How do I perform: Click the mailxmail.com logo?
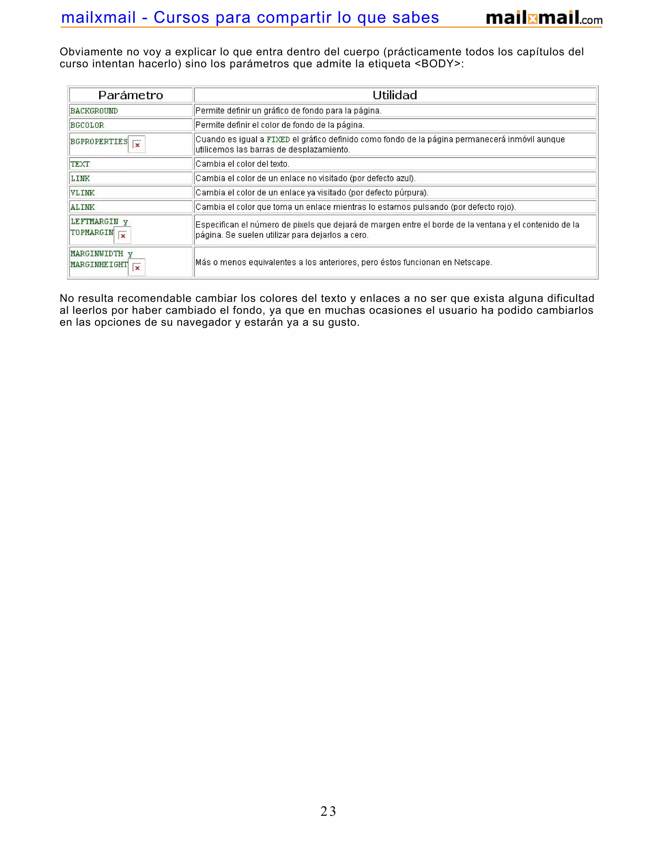pyautogui.click(x=544, y=18)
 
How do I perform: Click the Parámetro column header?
pyautogui.click(x=131, y=95)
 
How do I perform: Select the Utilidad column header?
pyautogui.click(x=395, y=95)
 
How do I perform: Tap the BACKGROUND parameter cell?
pyautogui.click(x=94, y=111)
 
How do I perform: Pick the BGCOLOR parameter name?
pyautogui.click(x=87, y=125)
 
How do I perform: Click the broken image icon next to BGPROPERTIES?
pyautogui.click(x=137, y=144)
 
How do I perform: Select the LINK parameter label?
pyautogui.click(x=80, y=178)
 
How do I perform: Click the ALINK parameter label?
pyautogui.click(x=83, y=207)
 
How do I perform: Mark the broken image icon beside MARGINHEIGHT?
pyautogui.click(x=137, y=268)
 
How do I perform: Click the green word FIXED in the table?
pyautogui.click(x=278, y=140)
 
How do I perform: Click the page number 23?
pyautogui.click(x=328, y=811)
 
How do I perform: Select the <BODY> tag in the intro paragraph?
pyautogui.click(x=437, y=64)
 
